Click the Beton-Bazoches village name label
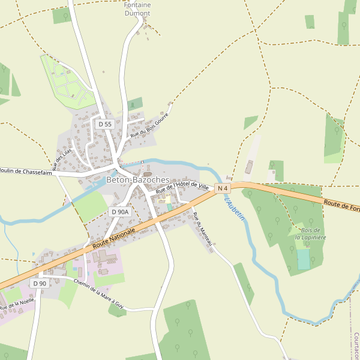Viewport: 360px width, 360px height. pyautogui.click(x=137, y=179)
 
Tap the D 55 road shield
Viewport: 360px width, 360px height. pyautogui.click(x=105, y=124)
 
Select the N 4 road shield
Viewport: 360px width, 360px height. pyautogui.click(x=223, y=188)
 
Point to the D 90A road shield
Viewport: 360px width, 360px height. pyautogui.click(x=120, y=212)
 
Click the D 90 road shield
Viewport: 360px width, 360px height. pyautogui.click(x=40, y=283)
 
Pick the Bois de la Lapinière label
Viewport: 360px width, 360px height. pyautogui.click(x=310, y=233)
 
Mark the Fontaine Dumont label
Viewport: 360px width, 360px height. pyautogui.click(x=137, y=8)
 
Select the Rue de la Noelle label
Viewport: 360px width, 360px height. pyautogui.click(x=17, y=304)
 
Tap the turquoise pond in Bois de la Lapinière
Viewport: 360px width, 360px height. pyautogui.click(x=304, y=259)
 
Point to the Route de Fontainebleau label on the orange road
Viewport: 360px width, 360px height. pyautogui.click(x=341, y=206)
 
